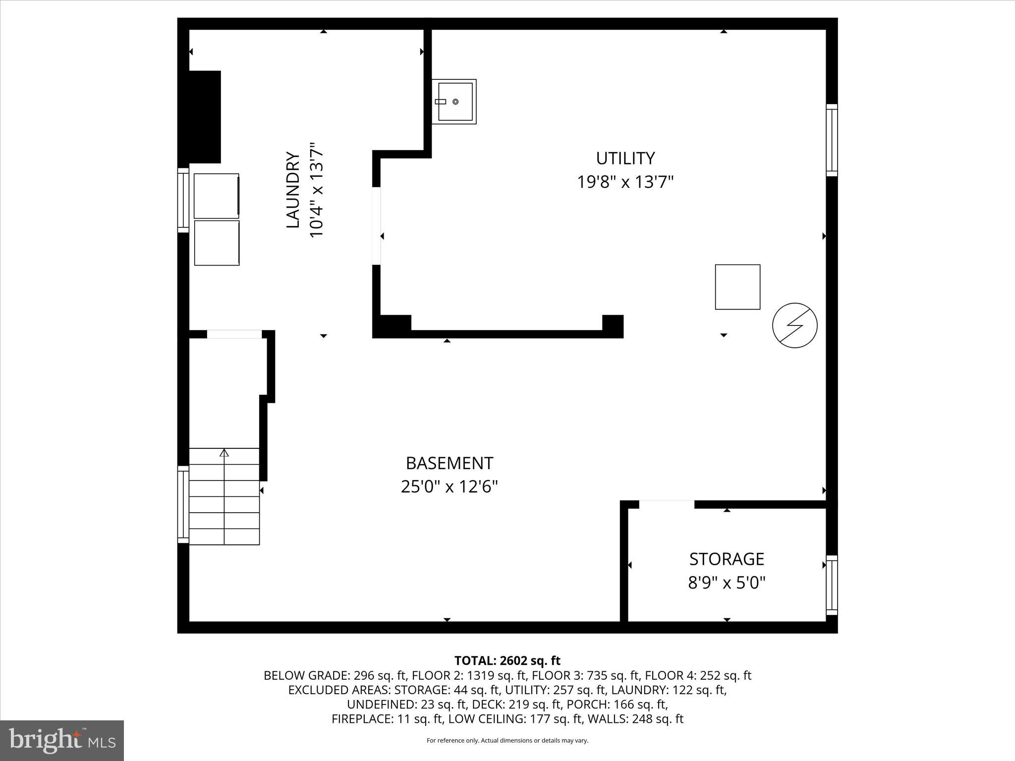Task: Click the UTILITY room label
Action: tap(625, 159)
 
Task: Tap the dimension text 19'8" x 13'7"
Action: tap(625, 182)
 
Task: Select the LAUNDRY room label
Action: tap(293, 190)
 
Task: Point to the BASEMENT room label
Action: tap(449, 463)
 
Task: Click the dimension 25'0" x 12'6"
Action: tap(449, 487)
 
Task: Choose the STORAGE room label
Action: tap(727, 559)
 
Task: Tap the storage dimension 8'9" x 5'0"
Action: tap(727, 583)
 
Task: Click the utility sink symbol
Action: tap(454, 102)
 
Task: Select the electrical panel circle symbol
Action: tap(794, 325)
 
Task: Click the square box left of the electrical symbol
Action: tap(737, 287)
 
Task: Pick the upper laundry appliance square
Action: tap(216, 196)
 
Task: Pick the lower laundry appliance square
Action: tap(217, 243)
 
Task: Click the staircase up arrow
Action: tap(225, 453)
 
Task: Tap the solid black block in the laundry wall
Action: tap(204, 117)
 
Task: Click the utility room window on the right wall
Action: tap(832, 140)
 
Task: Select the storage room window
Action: tap(832, 585)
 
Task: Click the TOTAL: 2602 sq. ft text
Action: tap(507, 660)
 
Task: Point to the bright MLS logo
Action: tap(62, 740)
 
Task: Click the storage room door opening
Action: tap(667, 504)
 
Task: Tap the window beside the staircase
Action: tap(183, 504)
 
